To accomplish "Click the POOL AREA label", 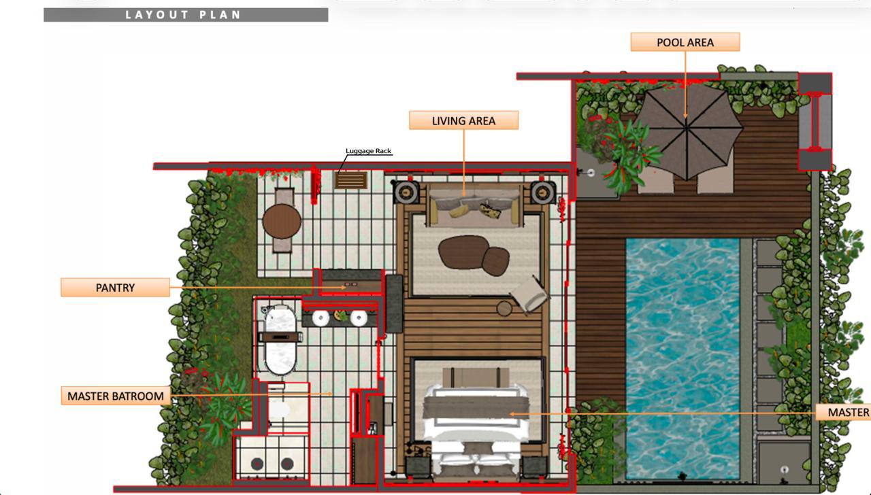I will tap(685, 42).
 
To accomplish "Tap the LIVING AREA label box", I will tap(463, 120).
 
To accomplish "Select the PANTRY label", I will tap(115, 288).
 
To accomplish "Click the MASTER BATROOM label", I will tap(115, 396).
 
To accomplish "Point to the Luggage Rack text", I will tap(368, 151).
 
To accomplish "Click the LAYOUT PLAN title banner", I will tap(185, 15).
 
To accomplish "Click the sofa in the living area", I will tap(474, 206).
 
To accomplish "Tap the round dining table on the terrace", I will tap(282, 220).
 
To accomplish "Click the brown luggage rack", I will tap(351, 180).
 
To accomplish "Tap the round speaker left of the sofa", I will tap(406, 192).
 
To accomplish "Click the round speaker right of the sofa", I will tap(543, 192).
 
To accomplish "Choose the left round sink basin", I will tap(321, 318).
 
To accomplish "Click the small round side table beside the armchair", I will tap(504, 309).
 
